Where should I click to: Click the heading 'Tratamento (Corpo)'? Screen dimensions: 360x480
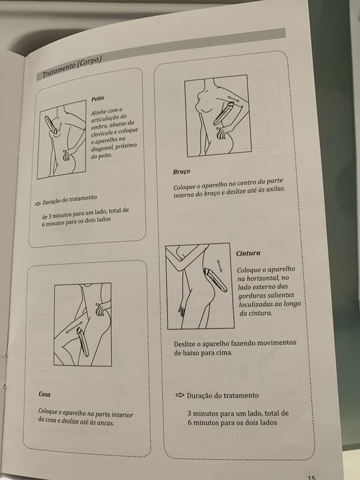click(72, 67)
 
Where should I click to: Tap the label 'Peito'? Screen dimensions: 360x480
click(97, 99)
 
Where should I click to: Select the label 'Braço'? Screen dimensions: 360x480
click(181, 171)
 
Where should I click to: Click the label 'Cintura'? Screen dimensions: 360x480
click(248, 254)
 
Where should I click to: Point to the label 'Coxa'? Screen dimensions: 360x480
click(45, 394)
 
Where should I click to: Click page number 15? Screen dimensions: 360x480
click(311, 477)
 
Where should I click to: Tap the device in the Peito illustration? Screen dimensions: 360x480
click(51, 125)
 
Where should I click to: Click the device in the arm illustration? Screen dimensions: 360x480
click(224, 115)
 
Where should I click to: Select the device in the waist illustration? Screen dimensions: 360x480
click(216, 280)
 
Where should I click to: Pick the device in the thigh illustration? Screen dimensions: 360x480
click(83, 342)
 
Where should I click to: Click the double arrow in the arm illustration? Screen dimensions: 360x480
click(234, 99)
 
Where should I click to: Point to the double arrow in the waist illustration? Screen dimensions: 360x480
click(219, 266)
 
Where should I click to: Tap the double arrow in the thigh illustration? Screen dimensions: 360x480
click(74, 327)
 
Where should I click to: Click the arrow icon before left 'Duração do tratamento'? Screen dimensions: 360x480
click(38, 203)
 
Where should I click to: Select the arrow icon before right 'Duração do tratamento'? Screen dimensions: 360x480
click(180, 395)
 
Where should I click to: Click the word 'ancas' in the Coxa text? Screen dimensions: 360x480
click(106, 423)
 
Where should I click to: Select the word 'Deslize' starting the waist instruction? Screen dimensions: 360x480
click(186, 344)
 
